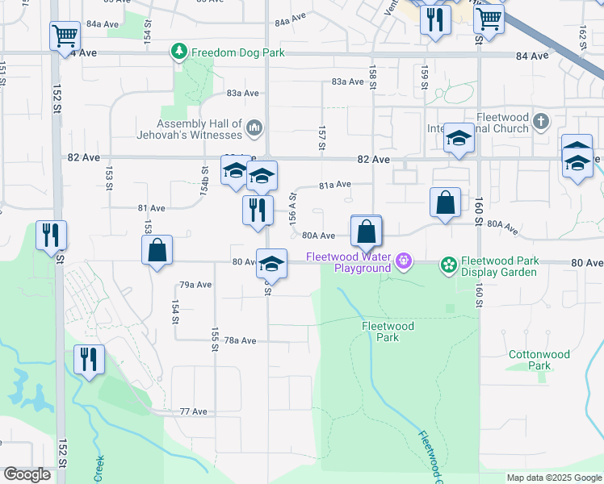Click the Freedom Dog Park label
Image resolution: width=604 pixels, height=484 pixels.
coord(237,53)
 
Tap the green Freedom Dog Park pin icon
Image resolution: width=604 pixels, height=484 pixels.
coord(179,52)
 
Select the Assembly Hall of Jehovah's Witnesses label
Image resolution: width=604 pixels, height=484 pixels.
coord(199,129)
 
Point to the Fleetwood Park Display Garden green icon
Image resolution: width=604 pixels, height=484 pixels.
coord(448,264)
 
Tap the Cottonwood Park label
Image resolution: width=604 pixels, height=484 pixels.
coord(539,360)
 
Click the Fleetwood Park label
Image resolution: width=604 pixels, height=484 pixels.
coord(388,332)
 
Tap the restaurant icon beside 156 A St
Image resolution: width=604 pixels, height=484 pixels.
coord(258,211)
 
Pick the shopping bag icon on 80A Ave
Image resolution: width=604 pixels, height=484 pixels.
coord(367,231)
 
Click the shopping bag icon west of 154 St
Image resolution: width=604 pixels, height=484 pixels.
coord(157,250)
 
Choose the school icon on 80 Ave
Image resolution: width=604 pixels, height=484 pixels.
coord(272,264)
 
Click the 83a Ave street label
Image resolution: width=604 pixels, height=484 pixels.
coord(348,81)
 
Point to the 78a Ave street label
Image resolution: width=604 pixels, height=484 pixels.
coord(240,341)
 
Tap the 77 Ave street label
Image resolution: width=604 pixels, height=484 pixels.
coord(194,411)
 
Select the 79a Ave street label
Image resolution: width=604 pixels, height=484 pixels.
coord(195,285)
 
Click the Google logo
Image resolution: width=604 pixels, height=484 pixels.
coord(27,475)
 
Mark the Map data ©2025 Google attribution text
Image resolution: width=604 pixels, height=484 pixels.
coord(554,478)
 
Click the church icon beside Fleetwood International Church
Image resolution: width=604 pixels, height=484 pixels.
coord(541,123)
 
